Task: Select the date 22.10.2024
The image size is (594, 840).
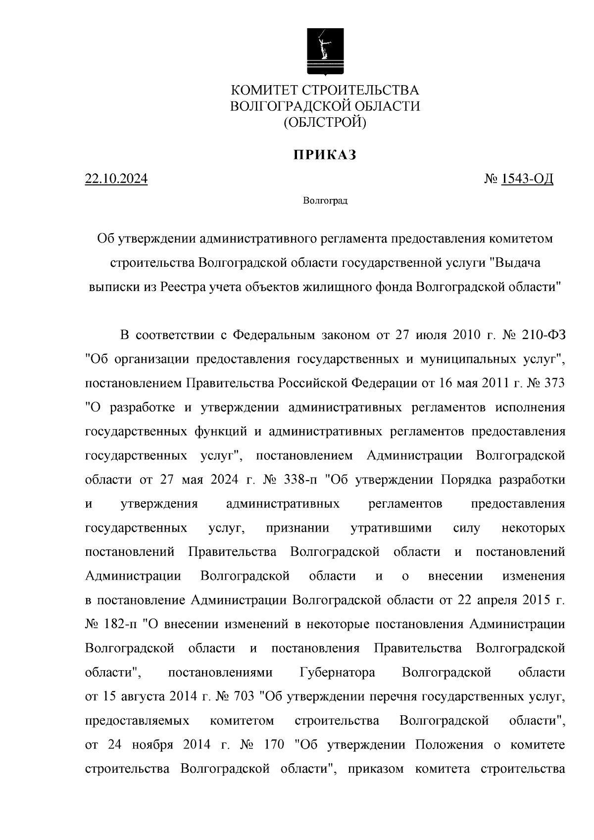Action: (116, 179)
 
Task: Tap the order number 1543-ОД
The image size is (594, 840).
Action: (527, 179)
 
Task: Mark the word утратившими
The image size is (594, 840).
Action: (391, 528)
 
